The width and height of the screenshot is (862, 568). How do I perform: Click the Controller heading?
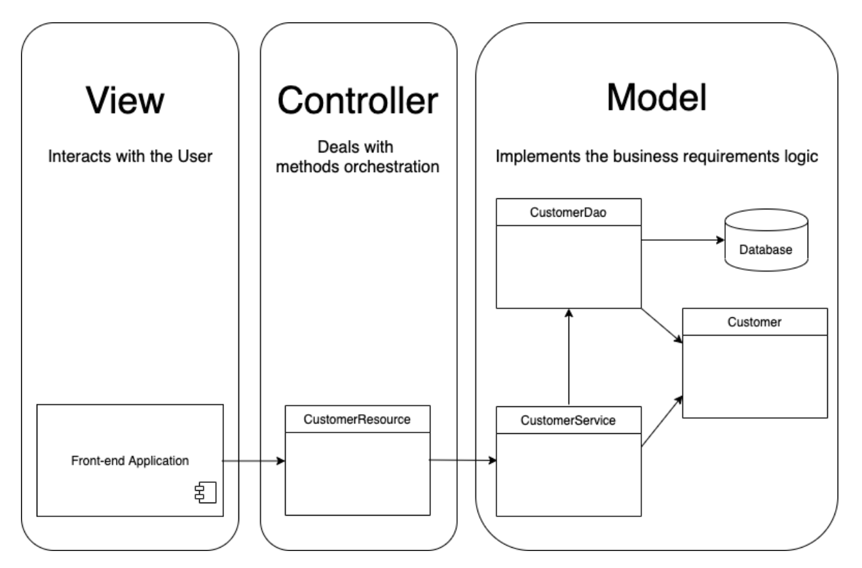tap(358, 101)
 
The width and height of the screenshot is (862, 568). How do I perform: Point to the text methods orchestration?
tap(358, 167)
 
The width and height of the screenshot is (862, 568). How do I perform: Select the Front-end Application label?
tap(130, 460)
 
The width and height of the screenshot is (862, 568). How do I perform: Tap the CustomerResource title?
tap(358, 419)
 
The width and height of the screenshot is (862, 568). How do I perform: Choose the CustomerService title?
tap(568, 421)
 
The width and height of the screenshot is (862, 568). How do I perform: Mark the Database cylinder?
tap(765, 239)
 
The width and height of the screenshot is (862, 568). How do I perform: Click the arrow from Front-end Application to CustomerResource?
tap(254, 461)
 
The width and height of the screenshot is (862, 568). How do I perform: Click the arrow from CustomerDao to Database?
tap(681, 240)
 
